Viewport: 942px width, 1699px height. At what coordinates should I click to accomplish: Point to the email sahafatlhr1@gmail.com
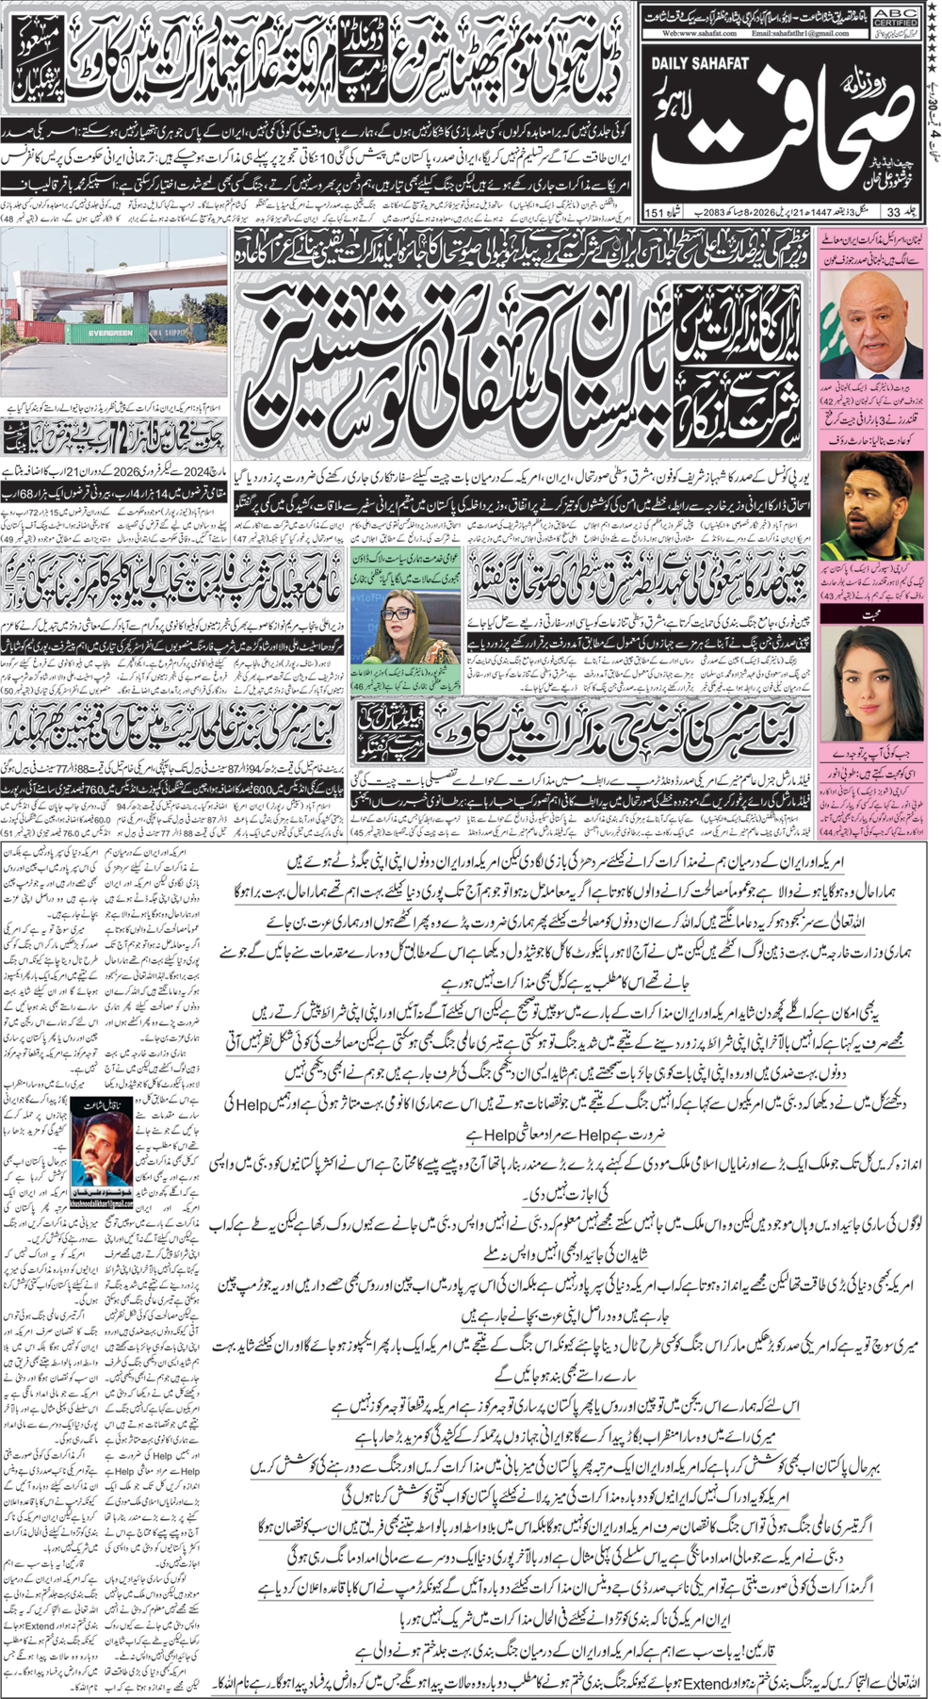pyautogui.click(x=800, y=33)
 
